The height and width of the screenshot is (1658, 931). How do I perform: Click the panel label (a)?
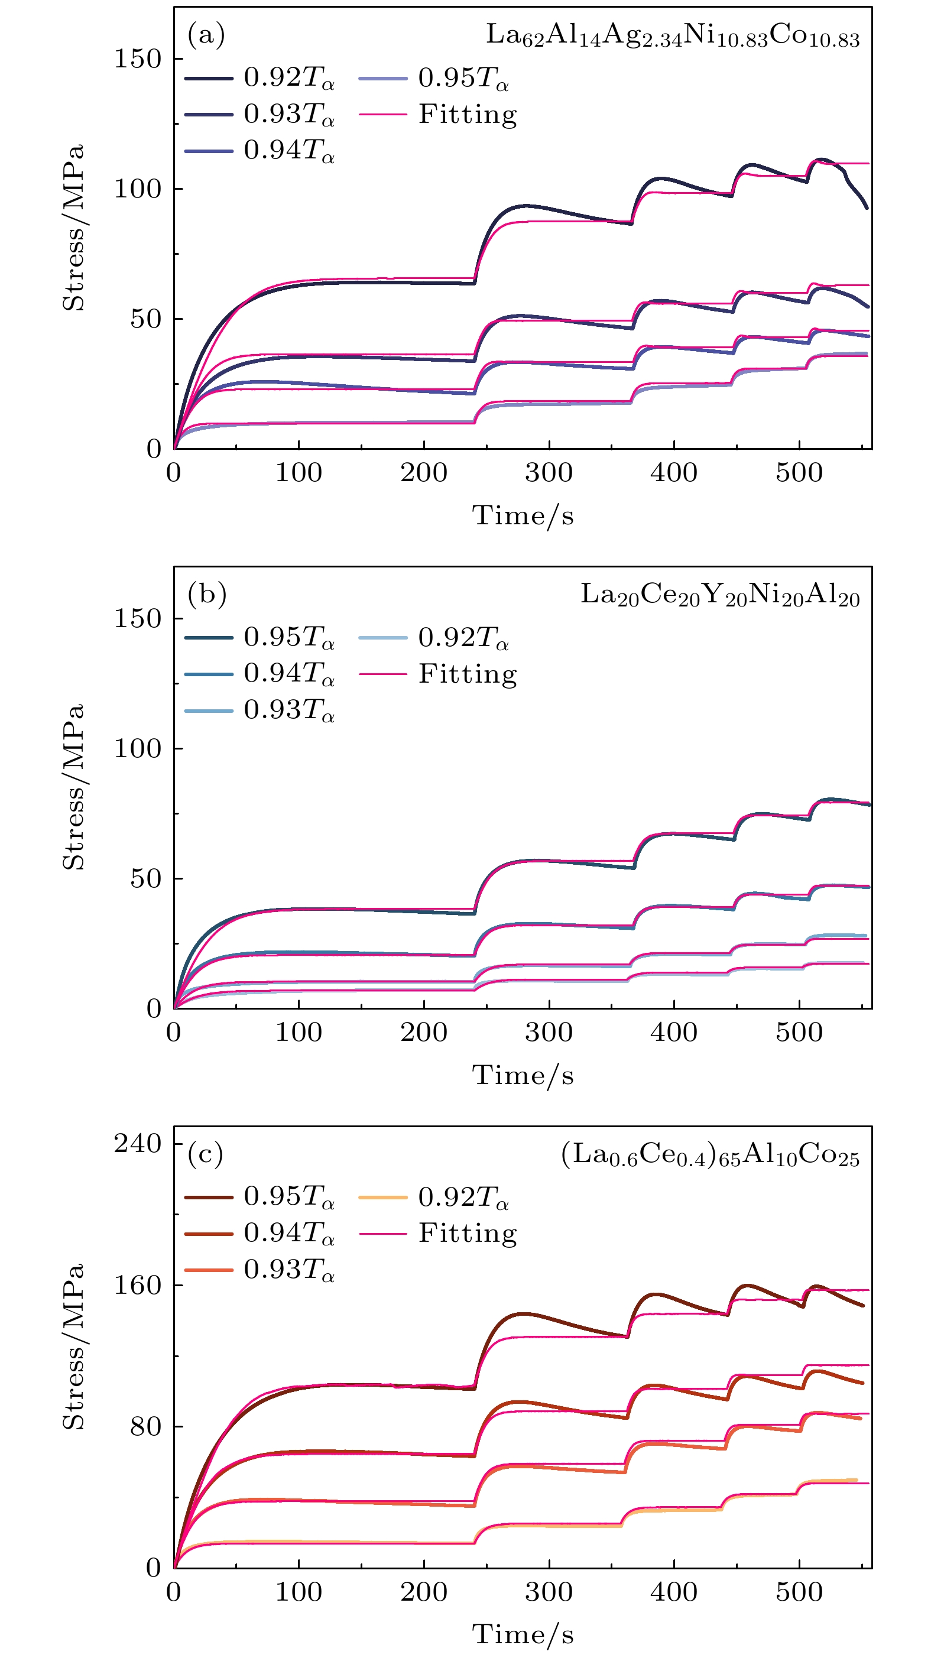click(206, 35)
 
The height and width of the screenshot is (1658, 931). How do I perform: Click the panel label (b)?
click(207, 594)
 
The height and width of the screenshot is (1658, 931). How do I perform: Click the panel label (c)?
click(205, 1154)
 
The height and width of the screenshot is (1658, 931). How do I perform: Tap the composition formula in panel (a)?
click(672, 36)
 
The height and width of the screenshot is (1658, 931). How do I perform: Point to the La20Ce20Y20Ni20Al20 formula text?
click(720, 595)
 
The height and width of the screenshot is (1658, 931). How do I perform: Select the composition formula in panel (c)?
click(709, 1156)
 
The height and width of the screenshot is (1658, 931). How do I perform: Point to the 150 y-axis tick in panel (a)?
click(137, 59)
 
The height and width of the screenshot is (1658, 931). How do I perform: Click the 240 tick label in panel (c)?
click(137, 1144)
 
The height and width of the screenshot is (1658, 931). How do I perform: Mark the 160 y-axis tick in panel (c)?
click(137, 1284)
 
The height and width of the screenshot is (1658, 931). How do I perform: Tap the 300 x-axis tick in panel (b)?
click(549, 1033)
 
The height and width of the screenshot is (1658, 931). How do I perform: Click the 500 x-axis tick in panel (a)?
click(799, 473)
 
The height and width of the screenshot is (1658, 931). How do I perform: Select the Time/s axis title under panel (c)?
click(523, 1634)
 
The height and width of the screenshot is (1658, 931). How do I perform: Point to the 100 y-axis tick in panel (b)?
click(137, 748)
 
